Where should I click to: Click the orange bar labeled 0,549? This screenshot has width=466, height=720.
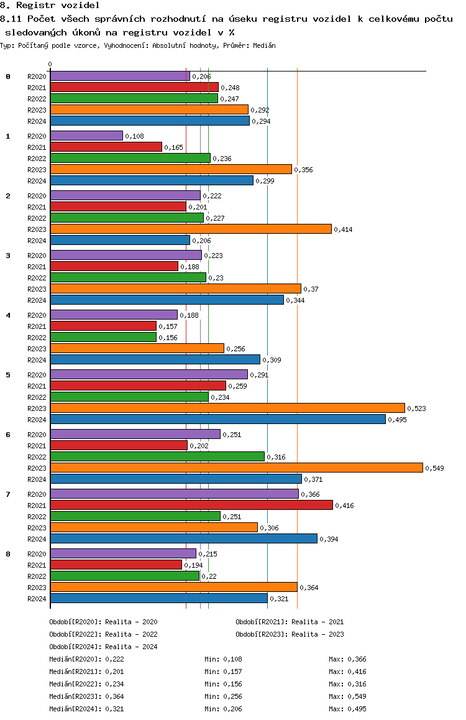[x=237, y=468]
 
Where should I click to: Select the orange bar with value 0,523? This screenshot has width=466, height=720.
[x=227, y=408]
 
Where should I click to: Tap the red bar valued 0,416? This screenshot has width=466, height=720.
[x=192, y=505]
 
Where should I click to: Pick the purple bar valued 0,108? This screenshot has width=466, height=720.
[x=87, y=136]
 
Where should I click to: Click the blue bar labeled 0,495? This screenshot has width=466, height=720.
[x=218, y=419]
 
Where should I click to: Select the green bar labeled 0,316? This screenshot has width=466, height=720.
[x=157, y=456]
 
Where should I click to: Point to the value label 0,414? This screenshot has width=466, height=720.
[x=343, y=229]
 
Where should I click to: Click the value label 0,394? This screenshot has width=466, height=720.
[x=329, y=539]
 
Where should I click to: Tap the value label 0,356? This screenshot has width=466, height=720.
[x=304, y=170]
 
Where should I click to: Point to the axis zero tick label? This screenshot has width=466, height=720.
[x=50, y=64]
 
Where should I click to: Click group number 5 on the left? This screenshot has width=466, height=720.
[x=8, y=375]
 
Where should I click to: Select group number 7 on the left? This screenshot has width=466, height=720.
[x=8, y=494]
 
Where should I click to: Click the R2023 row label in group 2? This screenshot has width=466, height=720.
[x=37, y=229]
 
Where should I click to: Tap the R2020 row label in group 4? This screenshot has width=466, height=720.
[x=37, y=315]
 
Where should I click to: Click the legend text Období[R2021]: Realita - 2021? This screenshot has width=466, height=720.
[x=290, y=622]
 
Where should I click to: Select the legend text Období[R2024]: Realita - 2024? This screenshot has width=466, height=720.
[x=103, y=647]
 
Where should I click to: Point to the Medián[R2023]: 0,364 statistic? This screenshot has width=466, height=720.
[x=87, y=696]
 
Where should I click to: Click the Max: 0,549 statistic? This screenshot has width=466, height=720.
[x=347, y=696]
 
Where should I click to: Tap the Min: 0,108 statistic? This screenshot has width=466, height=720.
[x=223, y=660]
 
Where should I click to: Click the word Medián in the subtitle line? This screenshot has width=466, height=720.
[x=264, y=45]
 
